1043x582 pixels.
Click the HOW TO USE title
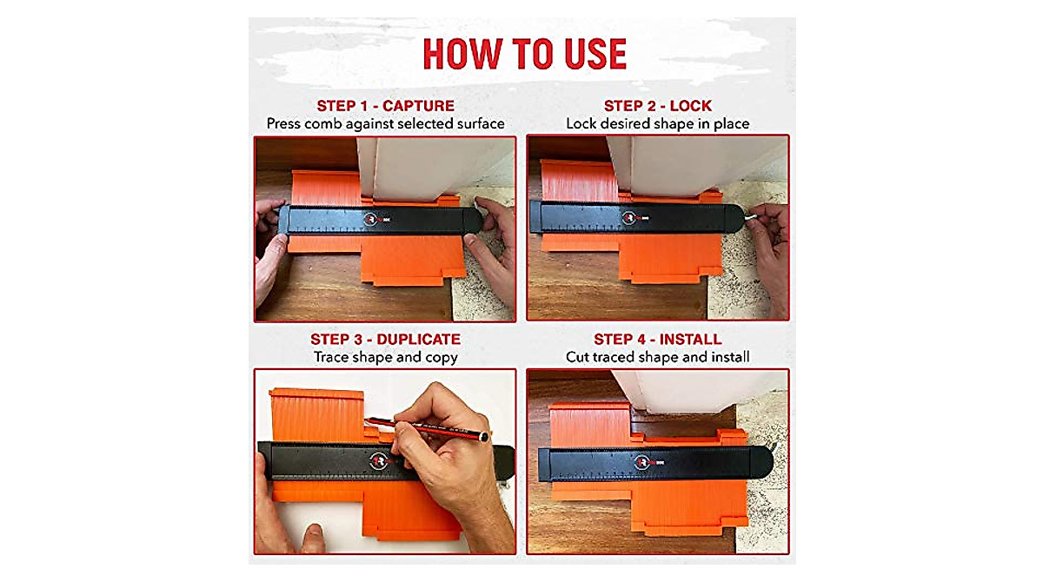[524, 54]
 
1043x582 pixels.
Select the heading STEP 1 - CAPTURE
[385, 106]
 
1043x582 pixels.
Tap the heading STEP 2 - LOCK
[658, 106]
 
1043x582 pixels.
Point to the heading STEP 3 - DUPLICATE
[385, 339]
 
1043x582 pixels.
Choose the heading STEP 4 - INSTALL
[658, 339]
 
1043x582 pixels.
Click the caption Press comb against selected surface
[385, 124]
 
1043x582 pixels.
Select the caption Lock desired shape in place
[658, 124]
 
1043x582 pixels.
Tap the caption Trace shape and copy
[385, 357]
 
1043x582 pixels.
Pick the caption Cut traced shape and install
[658, 357]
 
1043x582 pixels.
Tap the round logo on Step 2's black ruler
[628, 215]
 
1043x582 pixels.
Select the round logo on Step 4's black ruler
[644, 461]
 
